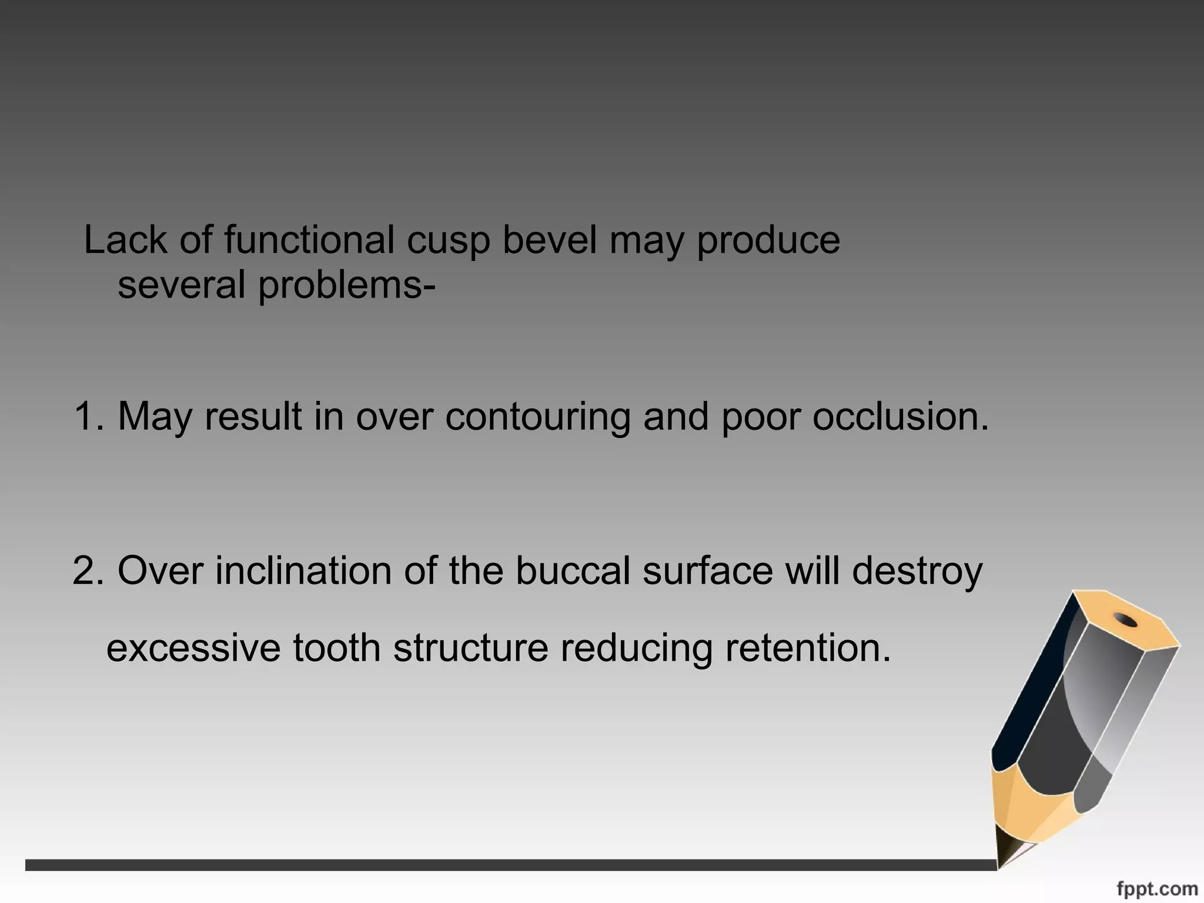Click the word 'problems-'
click(x=347, y=286)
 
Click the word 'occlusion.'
click(x=901, y=416)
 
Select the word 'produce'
click(x=768, y=242)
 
